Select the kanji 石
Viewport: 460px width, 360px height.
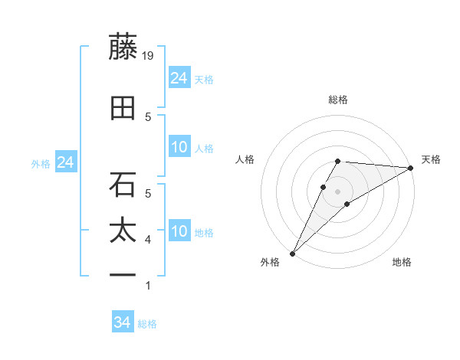point(123,185)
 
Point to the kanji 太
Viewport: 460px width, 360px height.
point(123,231)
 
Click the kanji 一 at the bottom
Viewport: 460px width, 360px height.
point(123,274)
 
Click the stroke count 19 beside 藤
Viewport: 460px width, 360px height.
point(149,56)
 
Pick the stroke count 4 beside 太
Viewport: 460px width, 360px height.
point(148,241)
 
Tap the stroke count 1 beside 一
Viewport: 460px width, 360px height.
point(148,286)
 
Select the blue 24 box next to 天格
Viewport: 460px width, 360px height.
point(179,78)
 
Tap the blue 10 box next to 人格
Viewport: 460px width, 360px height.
point(179,147)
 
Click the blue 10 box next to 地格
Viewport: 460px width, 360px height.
point(179,231)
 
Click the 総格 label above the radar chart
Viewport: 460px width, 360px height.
point(338,100)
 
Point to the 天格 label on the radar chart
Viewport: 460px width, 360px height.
point(431,159)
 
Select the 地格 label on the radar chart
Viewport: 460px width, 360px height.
point(402,263)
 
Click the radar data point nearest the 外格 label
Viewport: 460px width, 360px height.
point(292,253)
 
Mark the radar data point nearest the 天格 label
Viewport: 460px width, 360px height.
point(411,168)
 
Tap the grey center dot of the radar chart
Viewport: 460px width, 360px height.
point(338,191)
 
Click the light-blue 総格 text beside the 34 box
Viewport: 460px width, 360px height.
point(147,324)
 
